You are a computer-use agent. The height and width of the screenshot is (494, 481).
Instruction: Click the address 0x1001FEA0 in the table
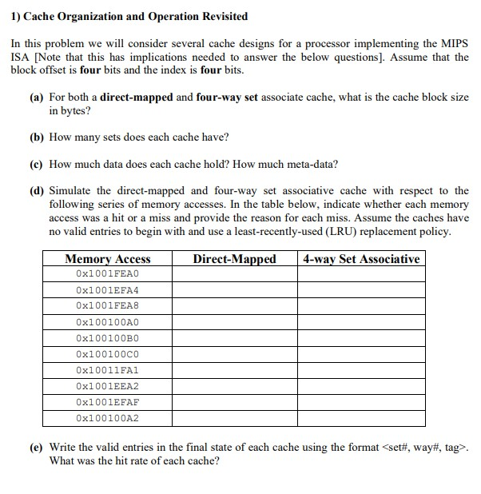coord(107,273)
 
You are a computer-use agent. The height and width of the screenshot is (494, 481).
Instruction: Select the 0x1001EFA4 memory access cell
coord(107,289)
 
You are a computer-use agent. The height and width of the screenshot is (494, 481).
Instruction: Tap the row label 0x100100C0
coord(107,353)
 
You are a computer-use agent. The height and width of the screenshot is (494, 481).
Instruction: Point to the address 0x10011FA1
coord(107,369)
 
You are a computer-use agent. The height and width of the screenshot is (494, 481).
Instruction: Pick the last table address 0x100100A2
coord(107,417)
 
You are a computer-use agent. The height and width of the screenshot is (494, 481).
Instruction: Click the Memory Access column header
coord(107,258)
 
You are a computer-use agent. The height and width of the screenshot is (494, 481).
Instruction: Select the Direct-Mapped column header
coord(234,258)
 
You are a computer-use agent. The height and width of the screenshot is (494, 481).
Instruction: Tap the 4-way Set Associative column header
coord(361,258)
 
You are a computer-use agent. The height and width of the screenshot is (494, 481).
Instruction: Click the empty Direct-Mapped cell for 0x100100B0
coord(234,337)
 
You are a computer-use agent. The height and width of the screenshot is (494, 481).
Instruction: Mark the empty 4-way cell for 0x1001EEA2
coord(361,385)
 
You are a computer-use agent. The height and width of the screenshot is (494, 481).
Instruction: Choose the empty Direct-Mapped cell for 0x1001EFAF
coord(234,401)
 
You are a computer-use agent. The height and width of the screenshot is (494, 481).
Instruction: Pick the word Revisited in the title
coord(221,16)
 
